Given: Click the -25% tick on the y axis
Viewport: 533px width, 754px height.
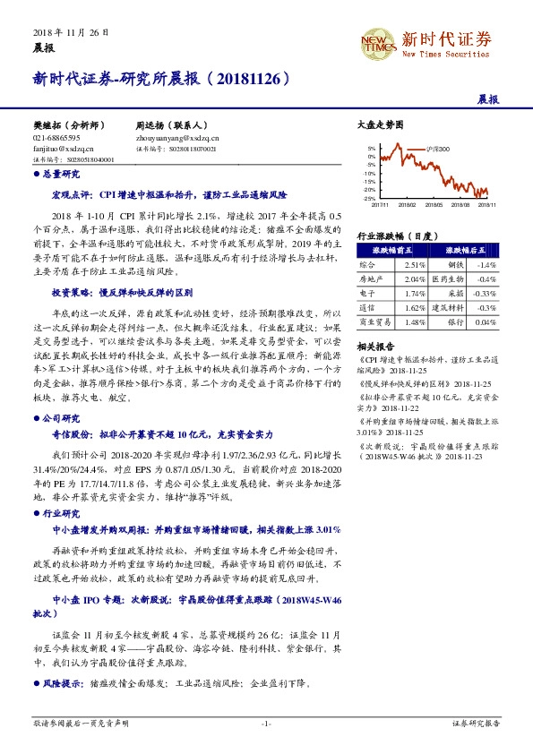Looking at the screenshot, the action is pos(371,198).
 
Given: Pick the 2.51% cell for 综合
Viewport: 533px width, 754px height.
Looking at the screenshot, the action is pos(415,266).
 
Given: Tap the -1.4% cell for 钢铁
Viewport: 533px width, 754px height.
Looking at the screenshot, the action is pos(485,266).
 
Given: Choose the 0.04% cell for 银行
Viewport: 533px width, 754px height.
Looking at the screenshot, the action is pos(484,321).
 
